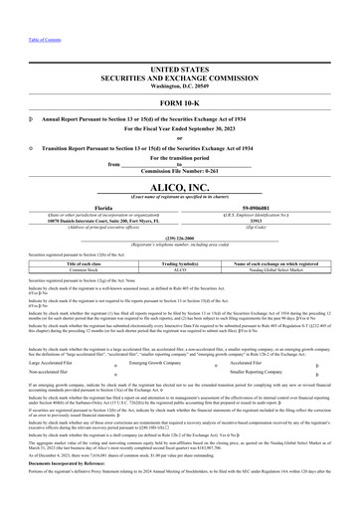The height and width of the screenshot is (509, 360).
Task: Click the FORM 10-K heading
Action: tap(180, 103)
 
